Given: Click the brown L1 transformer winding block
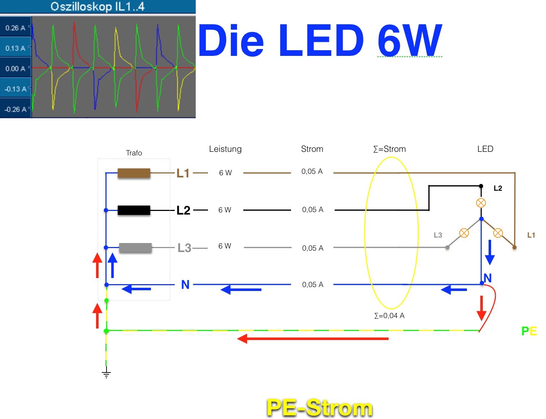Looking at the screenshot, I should [x=134, y=173].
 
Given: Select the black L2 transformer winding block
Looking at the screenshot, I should [x=134, y=210].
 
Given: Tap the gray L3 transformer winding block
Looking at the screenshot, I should [x=135, y=248].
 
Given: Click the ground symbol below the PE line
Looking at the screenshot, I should [x=106, y=373].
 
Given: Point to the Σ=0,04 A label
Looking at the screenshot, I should [x=389, y=316].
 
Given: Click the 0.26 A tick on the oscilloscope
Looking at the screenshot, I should [x=15, y=28].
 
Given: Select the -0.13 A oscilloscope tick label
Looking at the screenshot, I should [x=15, y=89].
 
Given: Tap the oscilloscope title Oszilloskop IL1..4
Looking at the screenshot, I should [x=97, y=6].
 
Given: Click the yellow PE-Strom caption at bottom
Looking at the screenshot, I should [x=319, y=408].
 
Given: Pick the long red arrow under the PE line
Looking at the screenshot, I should [x=313, y=339].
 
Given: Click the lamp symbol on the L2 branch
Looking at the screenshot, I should [x=481, y=203].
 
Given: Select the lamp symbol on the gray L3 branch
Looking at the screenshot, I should [x=464, y=233].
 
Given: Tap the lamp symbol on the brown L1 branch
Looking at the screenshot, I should [x=498, y=233].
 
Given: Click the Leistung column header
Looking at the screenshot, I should [x=225, y=149].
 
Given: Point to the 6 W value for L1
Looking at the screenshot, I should [x=225, y=173].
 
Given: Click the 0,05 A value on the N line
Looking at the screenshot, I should [x=312, y=285].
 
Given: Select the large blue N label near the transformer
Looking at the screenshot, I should [x=185, y=285].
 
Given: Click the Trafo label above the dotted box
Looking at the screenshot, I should [x=134, y=153].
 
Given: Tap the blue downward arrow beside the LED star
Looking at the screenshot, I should [x=490, y=252].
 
